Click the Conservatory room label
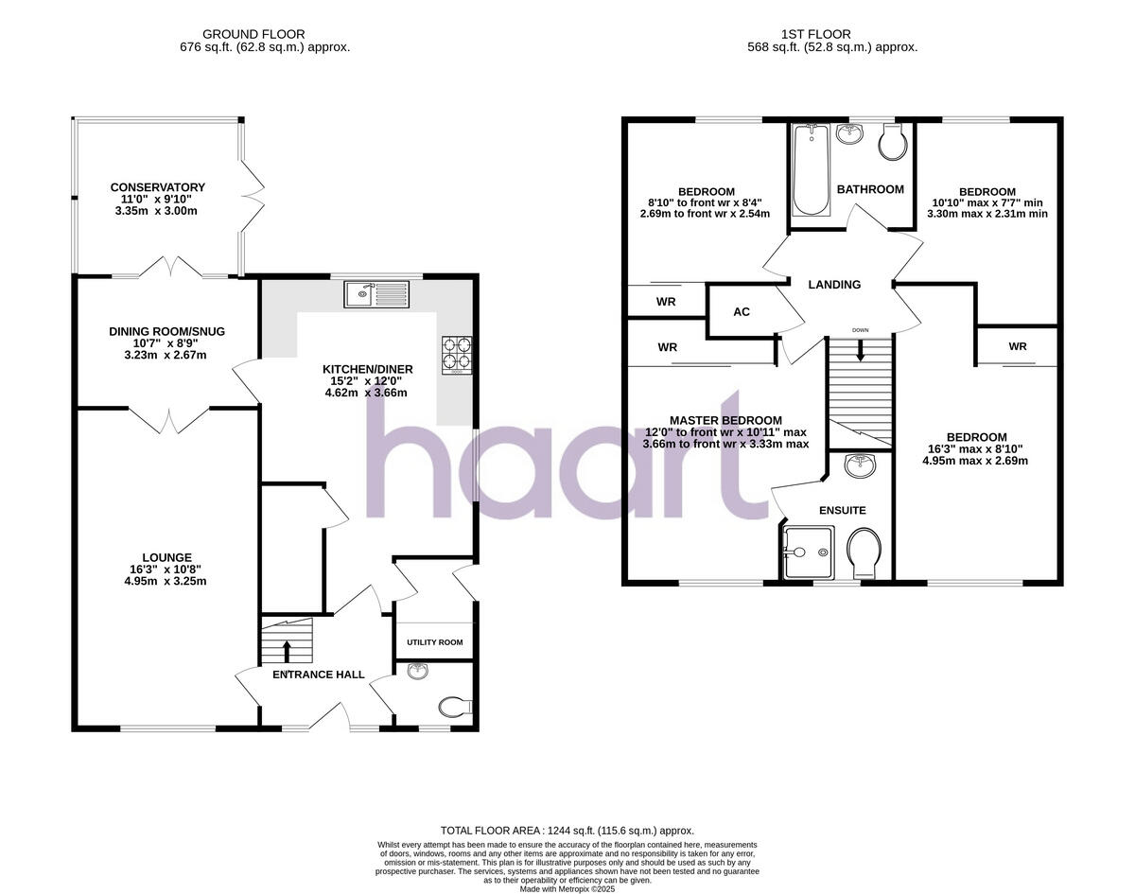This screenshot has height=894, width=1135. [x=157, y=187]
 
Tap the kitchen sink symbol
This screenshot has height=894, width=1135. [x=375, y=294]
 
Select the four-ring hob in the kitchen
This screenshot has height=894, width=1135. [x=457, y=354]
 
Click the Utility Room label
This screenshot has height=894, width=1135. [x=434, y=642]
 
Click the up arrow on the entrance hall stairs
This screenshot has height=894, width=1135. [x=287, y=651]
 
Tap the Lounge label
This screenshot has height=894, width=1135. [x=166, y=558]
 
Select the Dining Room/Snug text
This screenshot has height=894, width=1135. [x=166, y=331]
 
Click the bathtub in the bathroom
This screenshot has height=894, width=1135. [x=811, y=171]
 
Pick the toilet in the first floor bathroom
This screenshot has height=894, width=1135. [x=891, y=144]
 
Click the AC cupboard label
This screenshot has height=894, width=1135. [x=742, y=311]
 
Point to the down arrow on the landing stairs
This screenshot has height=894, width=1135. [x=860, y=350]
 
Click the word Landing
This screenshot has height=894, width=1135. [x=834, y=285]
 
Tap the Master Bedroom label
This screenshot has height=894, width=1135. [x=725, y=420]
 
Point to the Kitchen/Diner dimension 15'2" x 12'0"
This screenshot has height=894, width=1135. [x=365, y=381]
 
